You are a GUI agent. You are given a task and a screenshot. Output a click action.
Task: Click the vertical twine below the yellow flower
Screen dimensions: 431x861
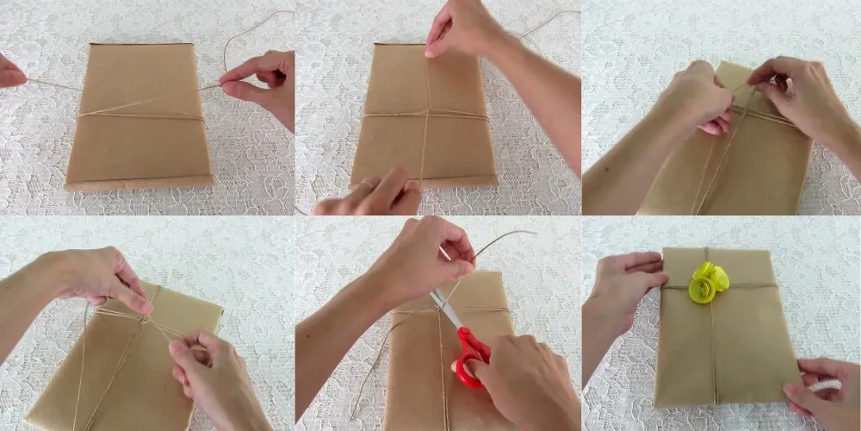pos(711,353)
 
